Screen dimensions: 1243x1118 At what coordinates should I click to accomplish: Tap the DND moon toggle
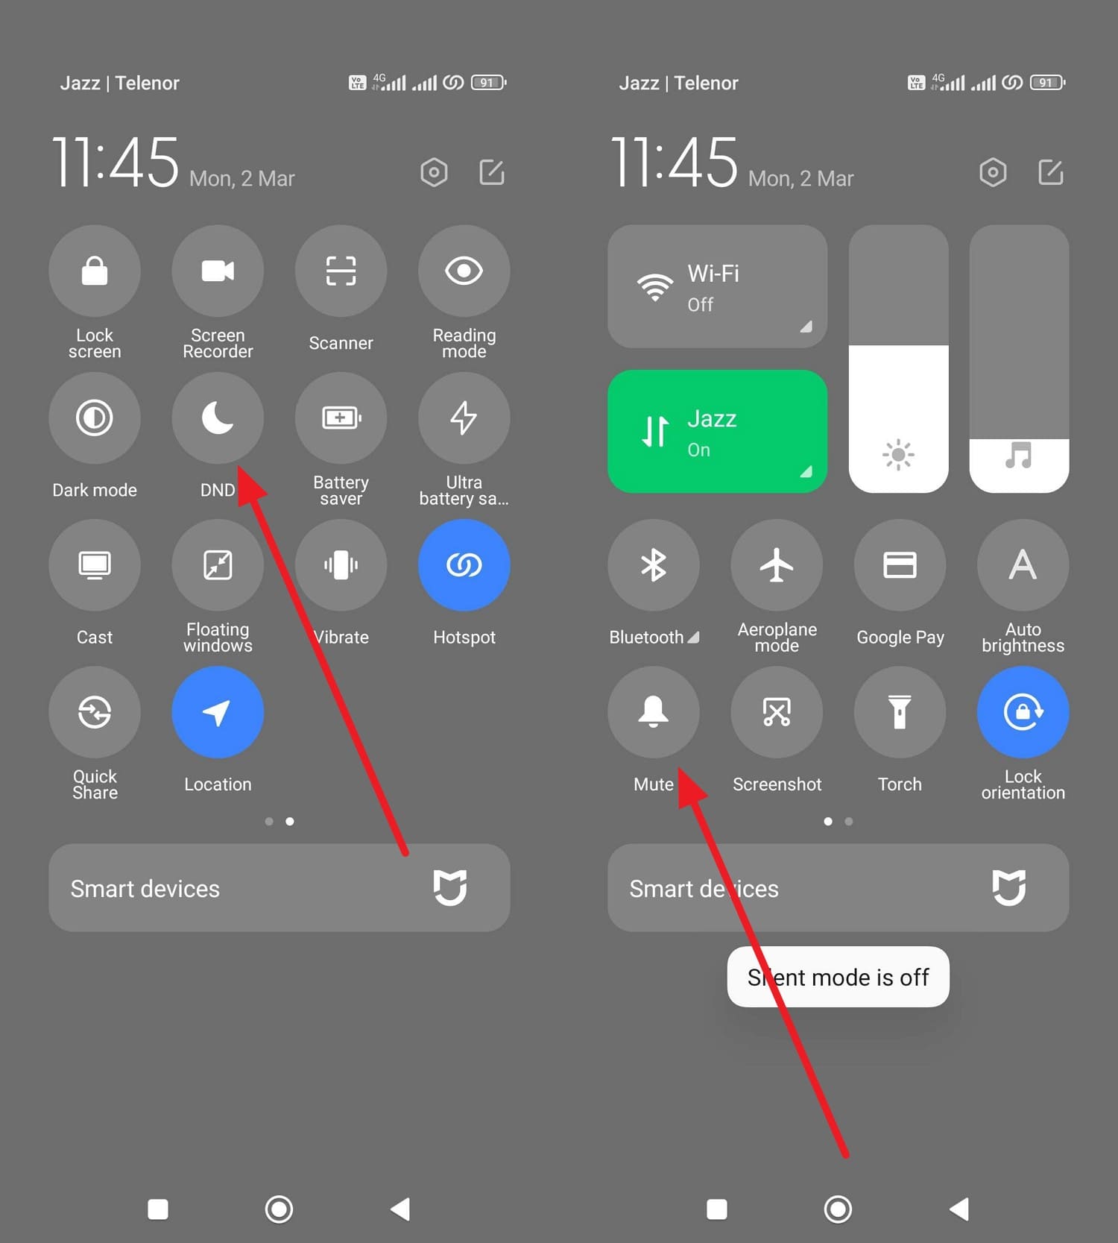[x=218, y=418]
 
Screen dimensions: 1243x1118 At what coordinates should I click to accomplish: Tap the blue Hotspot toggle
[x=464, y=564]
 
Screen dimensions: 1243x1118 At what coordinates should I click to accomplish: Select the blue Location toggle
[x=218, y=712]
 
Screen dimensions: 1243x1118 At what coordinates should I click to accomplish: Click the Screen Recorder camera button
[x=218, y=271]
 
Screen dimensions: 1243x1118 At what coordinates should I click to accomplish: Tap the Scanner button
[x=341, y=271]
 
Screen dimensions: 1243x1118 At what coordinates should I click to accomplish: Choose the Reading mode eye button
[x=464, y=271]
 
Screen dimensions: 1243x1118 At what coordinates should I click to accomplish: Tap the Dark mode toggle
[x=95, y=418]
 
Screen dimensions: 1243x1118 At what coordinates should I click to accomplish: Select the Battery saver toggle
[x=341, y=418]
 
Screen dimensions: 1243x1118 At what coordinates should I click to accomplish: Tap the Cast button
[x=95, y=564]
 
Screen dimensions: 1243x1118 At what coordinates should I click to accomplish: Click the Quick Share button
[x=95, y=712]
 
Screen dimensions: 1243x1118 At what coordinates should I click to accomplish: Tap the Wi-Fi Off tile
[x=717, y=286]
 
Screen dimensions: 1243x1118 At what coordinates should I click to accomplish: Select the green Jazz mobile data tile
[x=717, y=431]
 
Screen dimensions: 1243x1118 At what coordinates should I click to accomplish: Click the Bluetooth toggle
[x=654, y=564]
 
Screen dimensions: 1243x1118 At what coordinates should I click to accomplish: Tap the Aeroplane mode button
[x=777, y=564]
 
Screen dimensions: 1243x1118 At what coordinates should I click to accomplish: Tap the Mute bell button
[x=654, y=712]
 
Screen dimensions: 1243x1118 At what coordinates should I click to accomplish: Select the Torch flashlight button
[x=900, y=712]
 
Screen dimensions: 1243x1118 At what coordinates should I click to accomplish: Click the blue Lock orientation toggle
[x=1023, y=712]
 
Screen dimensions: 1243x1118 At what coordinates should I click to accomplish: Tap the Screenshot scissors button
[x=777, y=712]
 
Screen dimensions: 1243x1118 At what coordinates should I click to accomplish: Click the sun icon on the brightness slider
[x=898, y=454]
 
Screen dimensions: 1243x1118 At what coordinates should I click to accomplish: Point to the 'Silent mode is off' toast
[x=838, y=977]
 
